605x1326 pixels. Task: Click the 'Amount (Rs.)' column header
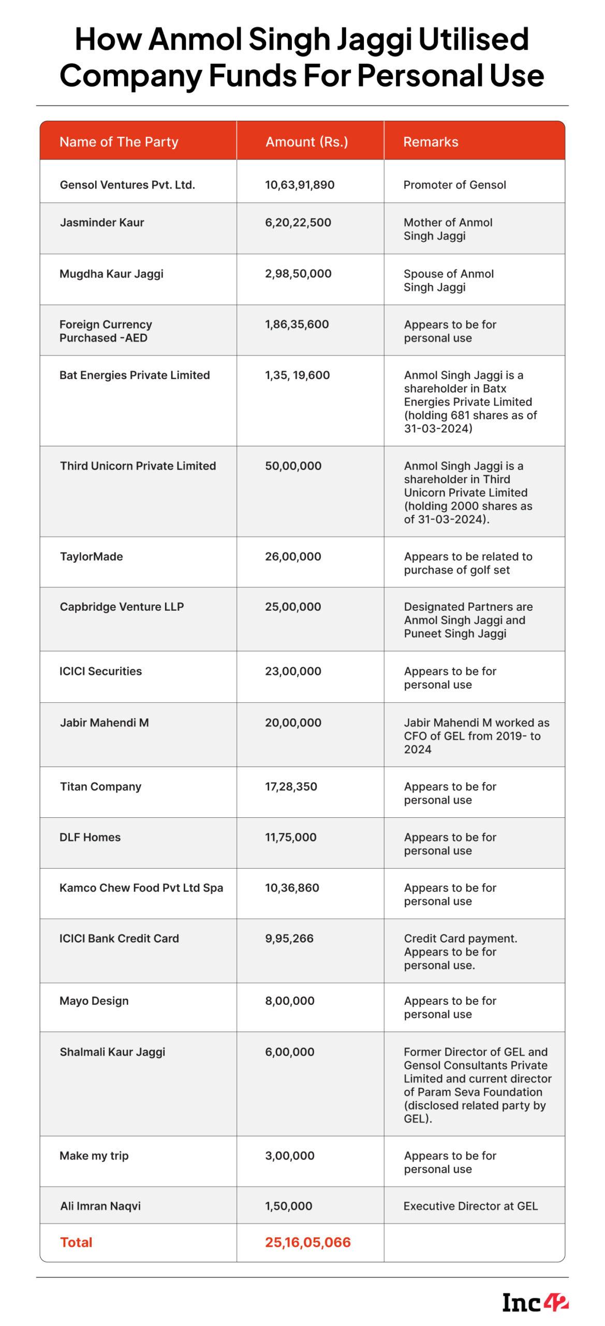coord(306,142)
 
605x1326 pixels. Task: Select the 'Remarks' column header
coord(431,142)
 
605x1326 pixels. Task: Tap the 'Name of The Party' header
coord(119,142)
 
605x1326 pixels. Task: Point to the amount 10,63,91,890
coord(300,185)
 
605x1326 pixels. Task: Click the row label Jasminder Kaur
coord(102,223)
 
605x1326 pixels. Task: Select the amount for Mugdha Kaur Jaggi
coord(298,274)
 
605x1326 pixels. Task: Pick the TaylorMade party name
coord(92,557)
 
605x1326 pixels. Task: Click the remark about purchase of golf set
coord(467,564)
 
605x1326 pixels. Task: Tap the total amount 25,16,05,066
coord(308,1243)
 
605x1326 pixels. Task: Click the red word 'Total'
coord(76,1243)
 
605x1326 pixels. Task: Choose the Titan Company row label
coord(100,787)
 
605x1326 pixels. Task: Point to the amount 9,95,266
coord(289,939)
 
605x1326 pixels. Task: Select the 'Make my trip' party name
coord(94,1156)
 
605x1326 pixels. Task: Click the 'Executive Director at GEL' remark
coord(470,1206)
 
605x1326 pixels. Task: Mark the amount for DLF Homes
coord(291,838)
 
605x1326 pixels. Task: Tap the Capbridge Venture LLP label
coord(122,607)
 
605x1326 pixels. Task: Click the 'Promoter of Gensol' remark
coord(454,185)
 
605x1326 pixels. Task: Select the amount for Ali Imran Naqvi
coord(289,1206)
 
